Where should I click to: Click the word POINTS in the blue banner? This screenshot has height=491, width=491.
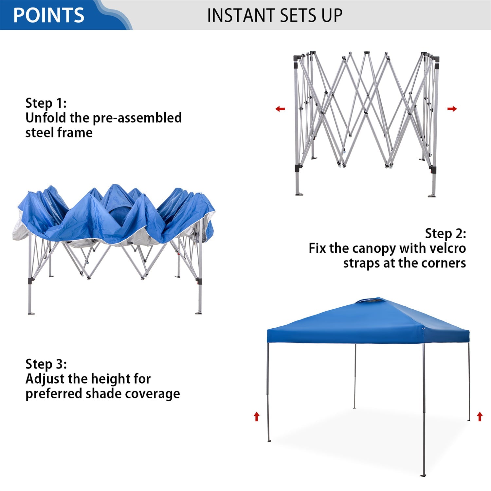(49, 15)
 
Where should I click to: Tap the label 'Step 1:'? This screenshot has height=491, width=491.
(46, 103)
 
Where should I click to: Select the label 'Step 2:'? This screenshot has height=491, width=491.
(446, 233)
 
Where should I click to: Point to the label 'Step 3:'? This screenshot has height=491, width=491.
(46, 364)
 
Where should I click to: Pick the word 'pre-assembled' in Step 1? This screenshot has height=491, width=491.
(137, 118)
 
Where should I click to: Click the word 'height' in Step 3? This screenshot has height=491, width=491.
(105, 379)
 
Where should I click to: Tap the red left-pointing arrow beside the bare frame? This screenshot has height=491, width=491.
(280, 109)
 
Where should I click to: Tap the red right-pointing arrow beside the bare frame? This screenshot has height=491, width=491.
(452, 109)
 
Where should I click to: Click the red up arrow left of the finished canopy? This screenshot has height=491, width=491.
(257, 416)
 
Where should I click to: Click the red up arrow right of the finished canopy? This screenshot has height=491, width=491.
(480, 416)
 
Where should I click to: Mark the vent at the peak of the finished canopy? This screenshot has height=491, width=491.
(370, 300)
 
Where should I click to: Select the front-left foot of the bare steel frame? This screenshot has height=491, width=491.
(299, 194)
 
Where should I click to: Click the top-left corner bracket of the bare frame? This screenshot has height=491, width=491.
(297, 58)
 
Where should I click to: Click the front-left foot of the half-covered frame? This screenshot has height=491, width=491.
(31, 313)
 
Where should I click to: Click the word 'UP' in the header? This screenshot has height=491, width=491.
(332, 15)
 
